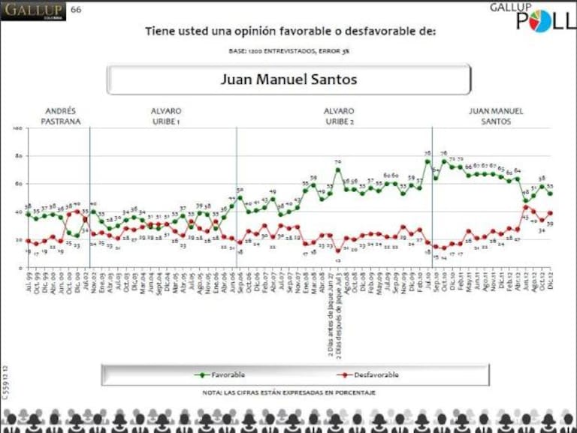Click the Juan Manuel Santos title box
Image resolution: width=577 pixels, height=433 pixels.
coord(288,80)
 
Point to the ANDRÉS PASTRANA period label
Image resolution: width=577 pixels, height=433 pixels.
coord(62,116)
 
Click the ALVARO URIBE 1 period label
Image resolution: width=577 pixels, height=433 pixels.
coord(166,116)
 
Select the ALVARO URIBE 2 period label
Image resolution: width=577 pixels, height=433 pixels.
coord(339,116)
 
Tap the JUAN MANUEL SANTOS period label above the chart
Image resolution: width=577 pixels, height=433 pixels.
coord(496,116)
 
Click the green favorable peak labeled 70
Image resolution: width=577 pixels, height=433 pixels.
coord(338,169)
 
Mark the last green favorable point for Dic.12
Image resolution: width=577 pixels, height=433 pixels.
coord(550,194)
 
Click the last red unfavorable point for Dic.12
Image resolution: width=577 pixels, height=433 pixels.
coord(550,212)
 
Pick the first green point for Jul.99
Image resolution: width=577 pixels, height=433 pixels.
coord(28,214)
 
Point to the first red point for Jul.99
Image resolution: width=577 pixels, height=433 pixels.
coord(28,241)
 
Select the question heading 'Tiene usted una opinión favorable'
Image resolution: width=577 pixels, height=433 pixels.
coord(290,32)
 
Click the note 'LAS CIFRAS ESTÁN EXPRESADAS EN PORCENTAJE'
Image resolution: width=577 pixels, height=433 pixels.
coord(289,392)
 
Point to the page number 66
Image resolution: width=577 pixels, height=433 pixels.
coord(76,10)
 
